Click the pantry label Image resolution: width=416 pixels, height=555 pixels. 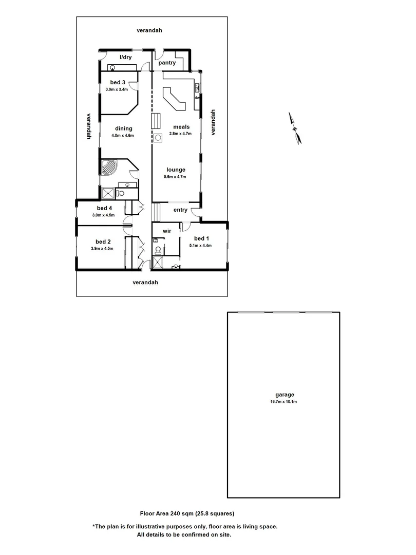(x=167, y=63)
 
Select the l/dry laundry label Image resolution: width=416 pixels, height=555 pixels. (x=125, y=57)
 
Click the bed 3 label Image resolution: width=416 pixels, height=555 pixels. (x=118, y=82)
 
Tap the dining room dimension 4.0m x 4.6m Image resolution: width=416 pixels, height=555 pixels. (x=123, y=136)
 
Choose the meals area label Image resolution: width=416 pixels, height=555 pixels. (x=181, y=127)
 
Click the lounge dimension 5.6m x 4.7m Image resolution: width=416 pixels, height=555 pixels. (x=175, y=176)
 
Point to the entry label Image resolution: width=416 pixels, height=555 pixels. (x=180, y=210)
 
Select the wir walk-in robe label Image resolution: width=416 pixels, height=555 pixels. (x=166, y=231)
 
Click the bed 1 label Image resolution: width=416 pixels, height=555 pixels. (x=202, y=238)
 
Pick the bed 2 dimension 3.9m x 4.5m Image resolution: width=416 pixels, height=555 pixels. (x=103, y=248)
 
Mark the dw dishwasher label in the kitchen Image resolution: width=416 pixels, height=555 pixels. (x=196, y=98)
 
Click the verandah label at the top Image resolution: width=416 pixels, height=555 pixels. (x=149, y=30)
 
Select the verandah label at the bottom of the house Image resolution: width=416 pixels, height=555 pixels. (x=145, y=282)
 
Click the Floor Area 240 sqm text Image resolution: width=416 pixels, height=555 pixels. (x=187, y=513)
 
